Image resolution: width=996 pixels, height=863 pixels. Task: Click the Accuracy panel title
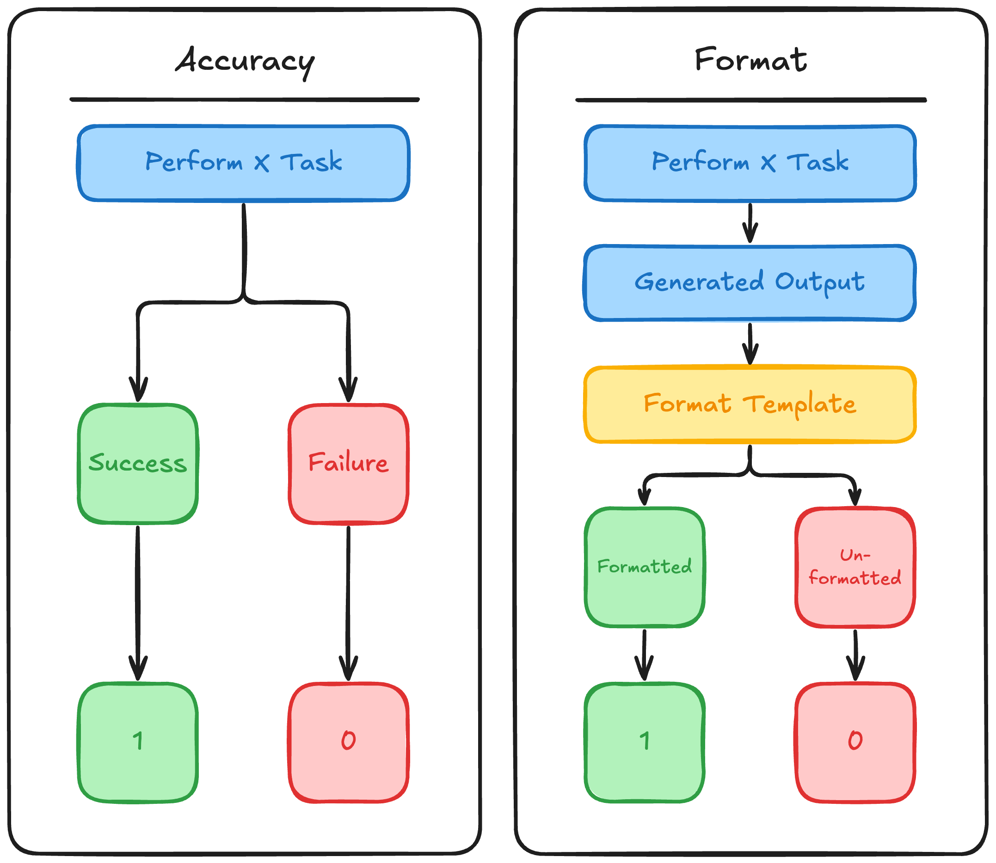tap(245, 61)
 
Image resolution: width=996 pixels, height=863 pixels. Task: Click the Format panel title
tap(750, 60)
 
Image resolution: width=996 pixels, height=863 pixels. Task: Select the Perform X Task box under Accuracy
tap(244, 163)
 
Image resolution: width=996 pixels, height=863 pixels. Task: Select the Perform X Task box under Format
tap(750, 163)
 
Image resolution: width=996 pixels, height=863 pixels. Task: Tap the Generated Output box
tap(750, 283)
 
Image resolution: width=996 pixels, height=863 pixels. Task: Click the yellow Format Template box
tap(750, 404)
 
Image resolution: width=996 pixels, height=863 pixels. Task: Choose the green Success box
tap(138, 463)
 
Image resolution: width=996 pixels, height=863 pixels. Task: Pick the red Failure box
tap(348, 463)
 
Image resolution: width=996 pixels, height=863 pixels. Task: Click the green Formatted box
tap(645, 567)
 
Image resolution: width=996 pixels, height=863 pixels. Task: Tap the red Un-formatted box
tap(855, 567)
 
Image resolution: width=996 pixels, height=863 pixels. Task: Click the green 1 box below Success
tap(138, 741)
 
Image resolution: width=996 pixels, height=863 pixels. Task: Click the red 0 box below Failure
tap(348, 741)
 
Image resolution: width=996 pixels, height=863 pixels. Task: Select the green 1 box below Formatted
tap(645, 741)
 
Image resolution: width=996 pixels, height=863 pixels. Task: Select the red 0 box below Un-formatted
tap(855, 741)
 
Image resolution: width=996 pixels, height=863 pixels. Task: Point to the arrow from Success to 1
tap(138, 602)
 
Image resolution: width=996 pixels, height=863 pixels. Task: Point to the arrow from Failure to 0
tap(348, 602)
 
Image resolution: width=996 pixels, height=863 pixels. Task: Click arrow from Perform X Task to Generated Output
tap(750, 222)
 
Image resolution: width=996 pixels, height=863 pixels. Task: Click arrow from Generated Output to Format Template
tap(750, 343)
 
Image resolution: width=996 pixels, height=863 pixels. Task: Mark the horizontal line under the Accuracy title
tap(245, 100)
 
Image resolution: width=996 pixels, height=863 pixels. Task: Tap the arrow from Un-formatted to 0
tap(855, 655)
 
